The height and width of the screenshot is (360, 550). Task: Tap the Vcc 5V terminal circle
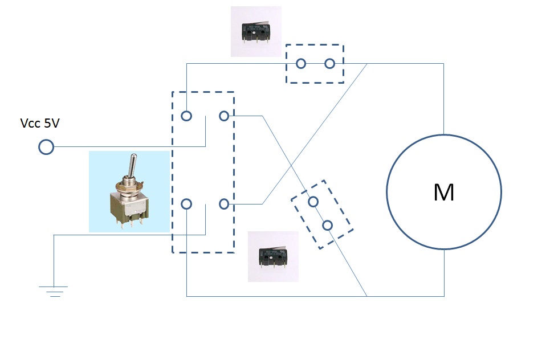(46, 148)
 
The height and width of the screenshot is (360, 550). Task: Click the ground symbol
(54, 291)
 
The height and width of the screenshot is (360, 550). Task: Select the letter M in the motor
(443, 193)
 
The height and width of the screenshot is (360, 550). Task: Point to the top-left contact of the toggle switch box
(186, 116)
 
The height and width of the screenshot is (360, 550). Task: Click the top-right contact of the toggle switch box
(224, 116)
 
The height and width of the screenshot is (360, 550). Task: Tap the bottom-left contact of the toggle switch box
(186, 204)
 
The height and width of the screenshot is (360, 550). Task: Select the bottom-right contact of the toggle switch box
(224, 204)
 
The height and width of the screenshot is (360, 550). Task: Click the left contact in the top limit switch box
(300, 63)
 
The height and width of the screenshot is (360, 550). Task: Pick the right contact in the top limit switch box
(329, 63)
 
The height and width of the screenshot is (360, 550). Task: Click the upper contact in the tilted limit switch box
(313, 201)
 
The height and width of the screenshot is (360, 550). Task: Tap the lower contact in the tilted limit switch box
(327, 225)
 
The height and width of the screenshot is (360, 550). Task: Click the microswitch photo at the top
(256, 31)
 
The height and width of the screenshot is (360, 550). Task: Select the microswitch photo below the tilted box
(273, 256)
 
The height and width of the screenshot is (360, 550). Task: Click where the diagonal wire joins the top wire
(368, 63)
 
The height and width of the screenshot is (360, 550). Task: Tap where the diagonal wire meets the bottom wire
(366, 296)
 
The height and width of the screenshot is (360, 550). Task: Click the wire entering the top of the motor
(443, 103)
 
